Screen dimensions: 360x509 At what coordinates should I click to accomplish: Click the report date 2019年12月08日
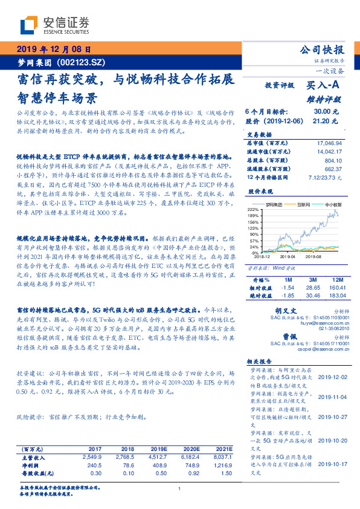(53, 50)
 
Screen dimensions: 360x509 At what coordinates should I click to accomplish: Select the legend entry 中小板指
(334, 206)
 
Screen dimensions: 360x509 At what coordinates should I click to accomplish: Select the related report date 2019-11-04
(332, 395)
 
